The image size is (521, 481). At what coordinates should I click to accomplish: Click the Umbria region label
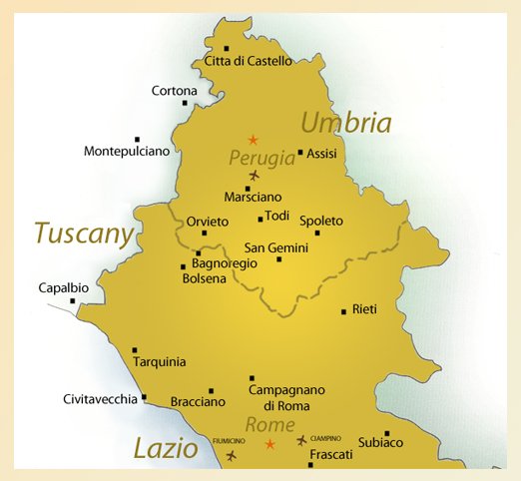[346, 123]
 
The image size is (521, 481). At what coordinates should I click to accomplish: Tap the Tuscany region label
[83, 233]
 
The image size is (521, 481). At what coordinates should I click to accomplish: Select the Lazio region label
[165, 448]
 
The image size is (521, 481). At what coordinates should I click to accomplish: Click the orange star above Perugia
[253, 139]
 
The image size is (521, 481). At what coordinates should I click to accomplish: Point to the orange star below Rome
[268, 443]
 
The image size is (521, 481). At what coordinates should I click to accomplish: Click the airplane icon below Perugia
[253, 176]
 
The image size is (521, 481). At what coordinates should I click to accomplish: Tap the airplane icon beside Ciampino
[301, 439]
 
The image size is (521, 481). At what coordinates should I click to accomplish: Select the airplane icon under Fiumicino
[232, 455]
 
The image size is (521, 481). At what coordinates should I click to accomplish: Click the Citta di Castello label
[248, 61]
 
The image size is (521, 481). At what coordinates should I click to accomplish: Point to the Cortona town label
[174, 91]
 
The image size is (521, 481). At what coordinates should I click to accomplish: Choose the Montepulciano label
[127, 151]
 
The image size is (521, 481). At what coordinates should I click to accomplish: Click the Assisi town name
[322, 154]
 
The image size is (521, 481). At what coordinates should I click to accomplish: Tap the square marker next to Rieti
[343, 309]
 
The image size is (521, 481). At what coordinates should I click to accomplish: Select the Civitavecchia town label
[100, 399]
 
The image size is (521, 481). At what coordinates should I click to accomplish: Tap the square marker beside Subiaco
[386, 433]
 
